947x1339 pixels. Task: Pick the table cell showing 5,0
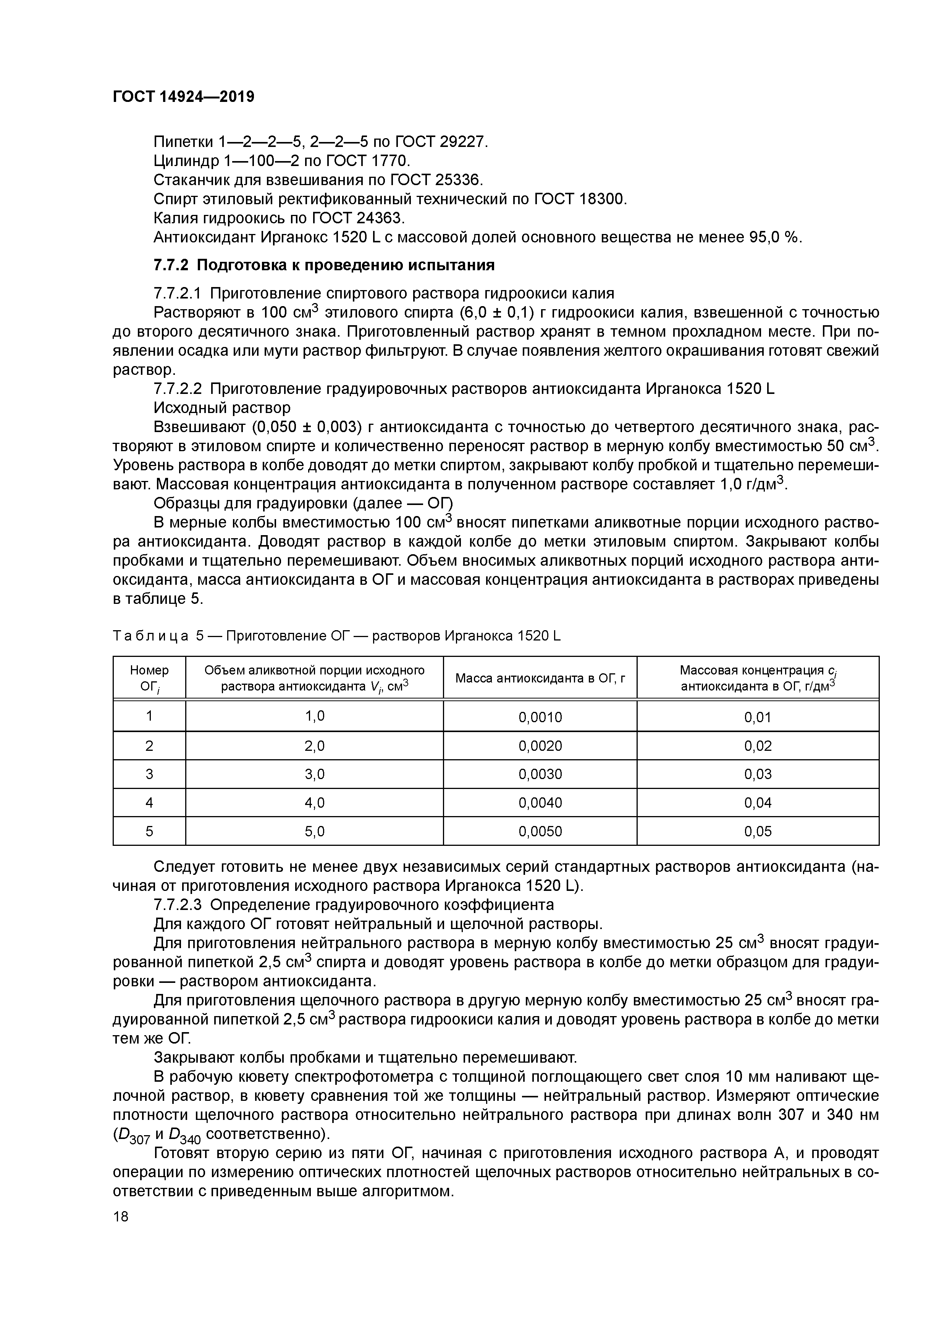315,831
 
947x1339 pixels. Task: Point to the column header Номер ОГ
149,678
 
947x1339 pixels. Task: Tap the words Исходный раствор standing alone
222,407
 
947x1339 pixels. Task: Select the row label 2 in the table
149,745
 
